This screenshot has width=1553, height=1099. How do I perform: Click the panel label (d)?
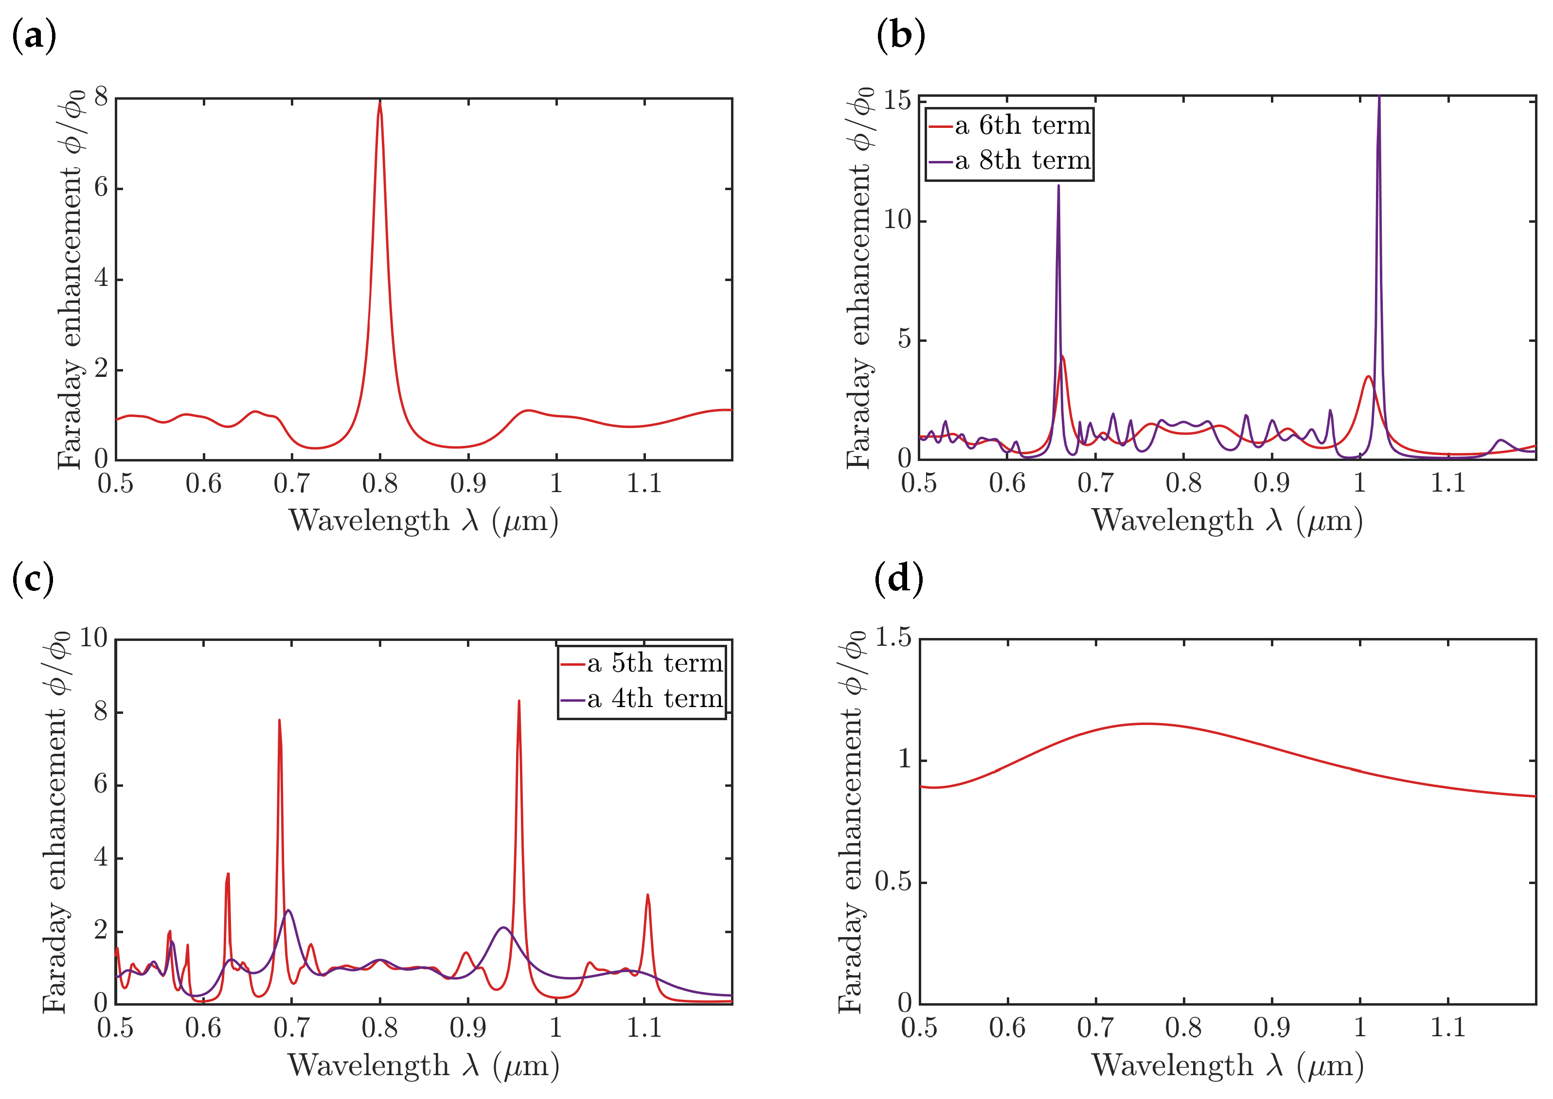899,579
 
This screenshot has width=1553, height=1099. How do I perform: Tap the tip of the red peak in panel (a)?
380,102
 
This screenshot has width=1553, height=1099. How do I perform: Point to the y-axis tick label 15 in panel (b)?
896,101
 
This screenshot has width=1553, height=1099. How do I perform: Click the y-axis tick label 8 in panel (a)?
101,98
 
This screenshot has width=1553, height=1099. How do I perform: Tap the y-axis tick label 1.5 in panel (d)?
893,638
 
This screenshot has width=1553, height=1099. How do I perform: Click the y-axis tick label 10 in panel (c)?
94,638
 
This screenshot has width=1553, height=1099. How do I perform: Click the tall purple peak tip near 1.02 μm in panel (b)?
1378,98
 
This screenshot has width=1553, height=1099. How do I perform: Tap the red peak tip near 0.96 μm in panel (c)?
519,701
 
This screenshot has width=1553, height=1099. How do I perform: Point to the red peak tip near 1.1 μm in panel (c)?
647,895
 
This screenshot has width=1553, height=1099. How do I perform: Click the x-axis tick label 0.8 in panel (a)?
380,484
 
